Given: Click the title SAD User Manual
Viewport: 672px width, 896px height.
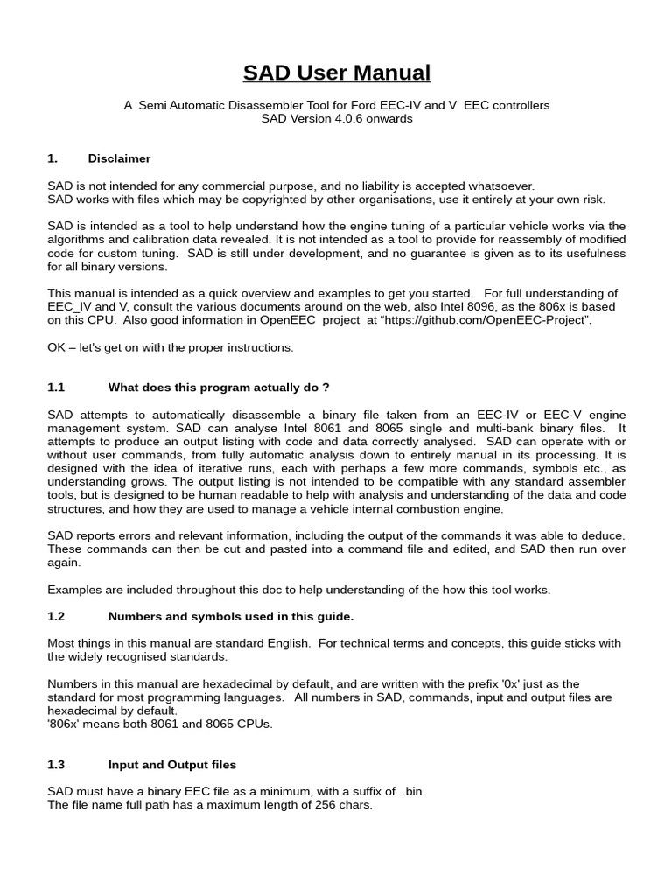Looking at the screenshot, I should pyautogui.click(x=336, y=72).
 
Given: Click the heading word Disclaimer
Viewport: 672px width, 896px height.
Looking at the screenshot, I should pyautogui.click(x=119, y=158).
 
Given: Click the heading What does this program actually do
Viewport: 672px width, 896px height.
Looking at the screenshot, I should pyautogui.click(x=218, y=387).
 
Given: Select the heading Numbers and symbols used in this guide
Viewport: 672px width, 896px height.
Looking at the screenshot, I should pyautogui.click(x=230, y=616).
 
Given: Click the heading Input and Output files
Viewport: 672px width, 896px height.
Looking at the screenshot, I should pyautogui.click(x=171, y=765).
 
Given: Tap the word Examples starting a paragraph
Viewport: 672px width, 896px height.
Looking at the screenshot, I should pyautogui.click(x=75, y=590).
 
